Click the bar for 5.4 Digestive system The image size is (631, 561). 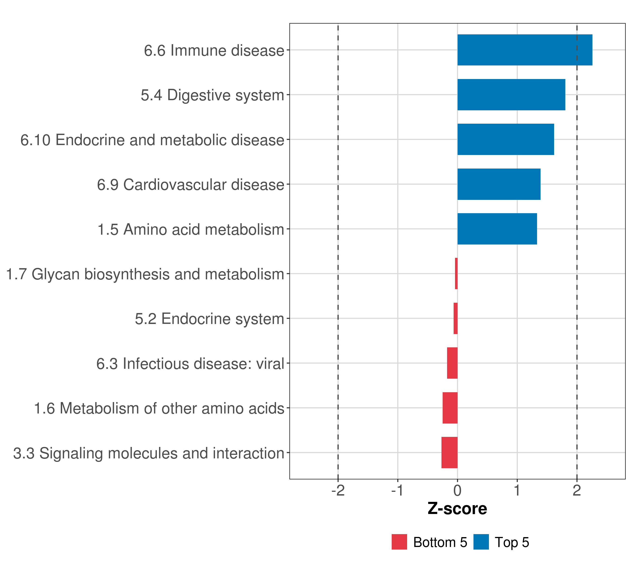pos(511,95)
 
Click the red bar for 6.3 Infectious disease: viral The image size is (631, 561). pos(452,363)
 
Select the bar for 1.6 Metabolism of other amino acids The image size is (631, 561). pos(450,408)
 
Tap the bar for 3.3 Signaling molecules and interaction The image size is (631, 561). pos(449,453)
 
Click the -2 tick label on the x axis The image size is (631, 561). pos(338,491)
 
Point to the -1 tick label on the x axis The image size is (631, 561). pos(397,491)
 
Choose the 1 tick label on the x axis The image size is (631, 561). pos(517,491)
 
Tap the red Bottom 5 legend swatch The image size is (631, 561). pos(399,542)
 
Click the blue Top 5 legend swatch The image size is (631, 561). pos(481,542)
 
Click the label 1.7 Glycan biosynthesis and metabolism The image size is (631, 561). pos(145,274)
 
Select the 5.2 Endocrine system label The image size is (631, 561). pos(209,319)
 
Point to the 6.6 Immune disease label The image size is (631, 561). pos(214,50)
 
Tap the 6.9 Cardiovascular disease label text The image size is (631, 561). pos(190,185)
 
